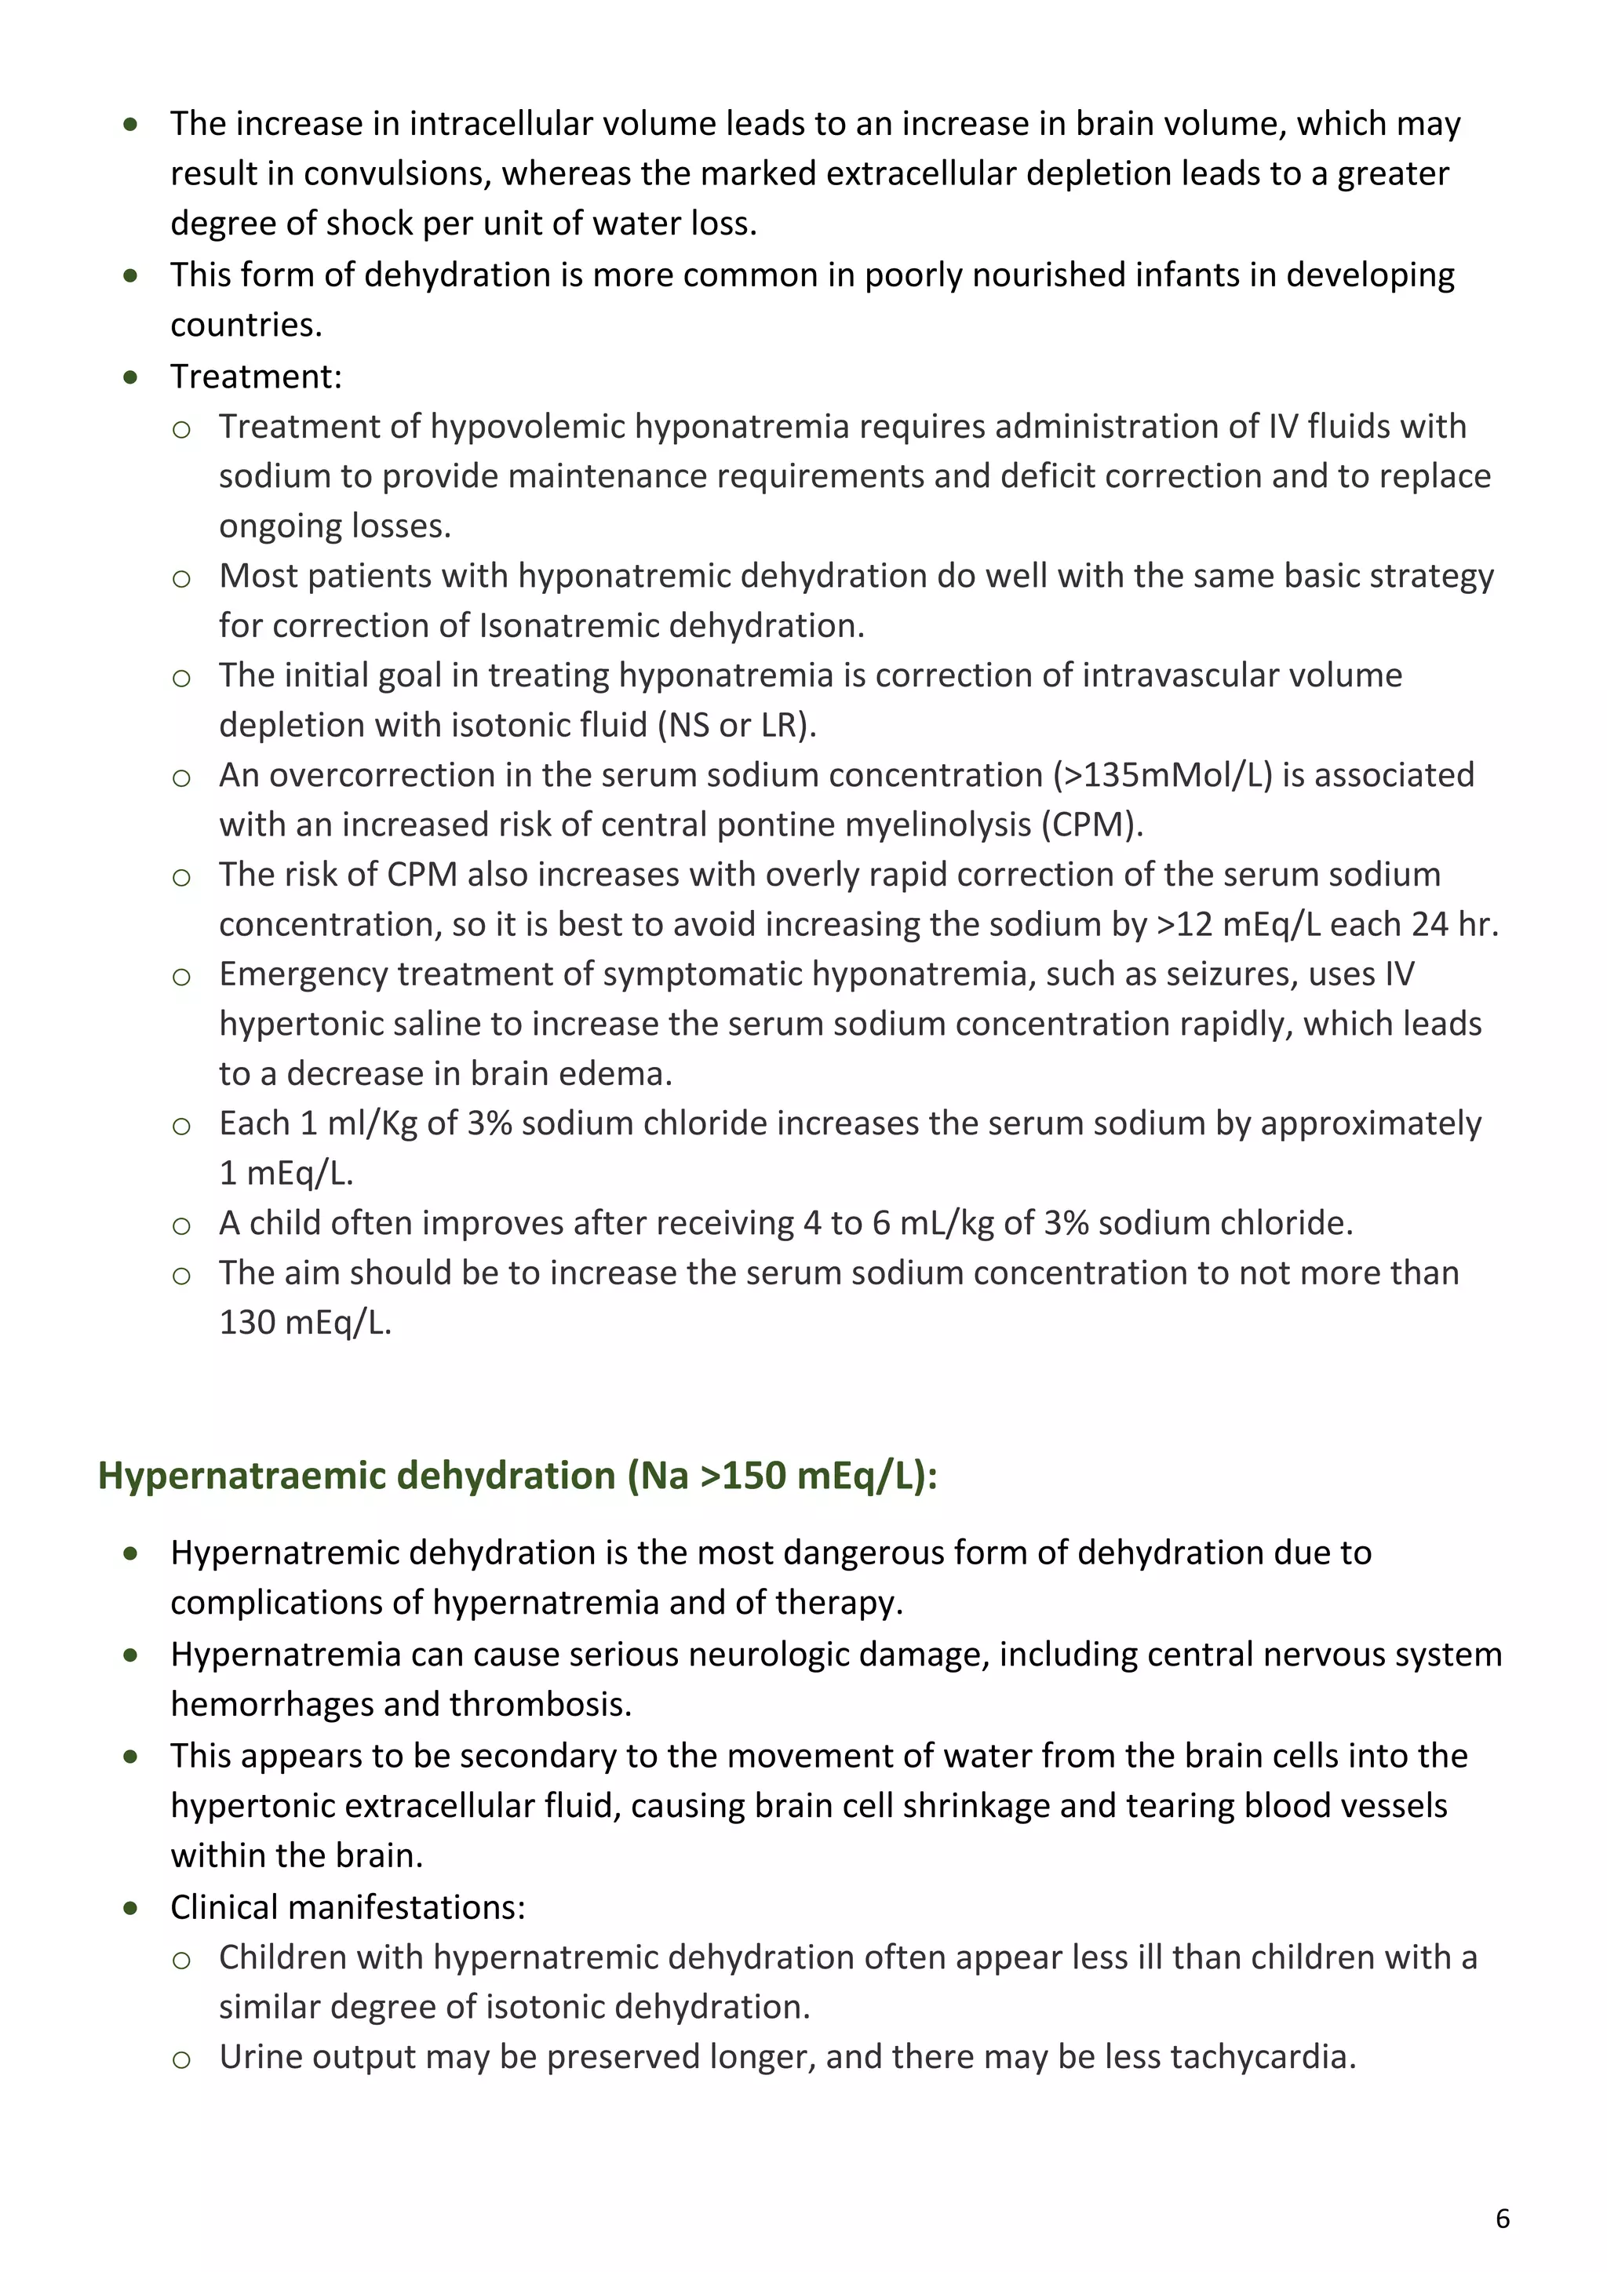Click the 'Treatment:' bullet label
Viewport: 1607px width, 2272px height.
(255, 376)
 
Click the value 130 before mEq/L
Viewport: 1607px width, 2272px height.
(246, 1322)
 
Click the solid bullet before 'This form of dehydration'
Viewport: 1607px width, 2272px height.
(130, 275)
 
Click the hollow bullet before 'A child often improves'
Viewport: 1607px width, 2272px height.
(181, 1225)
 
